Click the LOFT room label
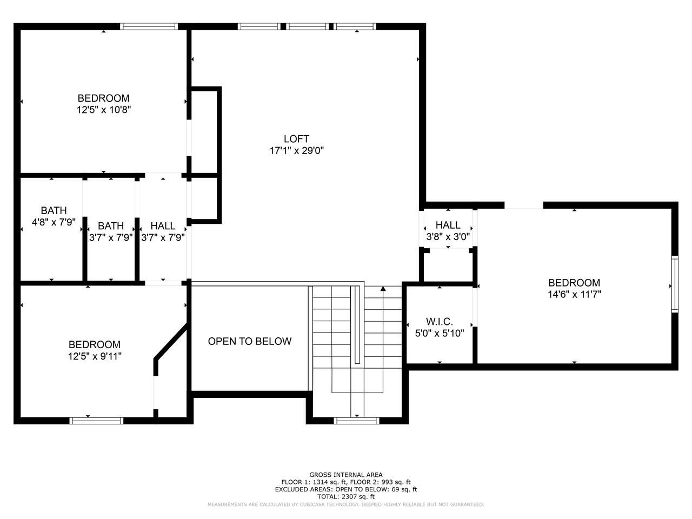(296, 138)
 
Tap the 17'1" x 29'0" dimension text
(297, 151)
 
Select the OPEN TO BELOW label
(250, 341)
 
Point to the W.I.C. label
(440, 322)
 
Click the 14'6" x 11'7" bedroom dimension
(574, 294)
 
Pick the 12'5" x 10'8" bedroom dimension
(104, 110)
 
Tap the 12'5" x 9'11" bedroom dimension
(95, 356)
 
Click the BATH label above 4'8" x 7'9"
(54, 210)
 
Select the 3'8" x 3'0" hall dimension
(448, 236)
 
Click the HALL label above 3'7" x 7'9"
(163, 225)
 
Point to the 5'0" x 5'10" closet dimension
(440, 333)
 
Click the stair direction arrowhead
(383, 288)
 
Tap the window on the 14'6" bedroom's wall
(674, 284)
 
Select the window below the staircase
(357, 421)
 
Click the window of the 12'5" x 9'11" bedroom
(96, 421)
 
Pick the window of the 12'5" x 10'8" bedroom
(149, 26)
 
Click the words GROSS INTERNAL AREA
(346, 475)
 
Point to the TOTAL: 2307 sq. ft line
(346, 497)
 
